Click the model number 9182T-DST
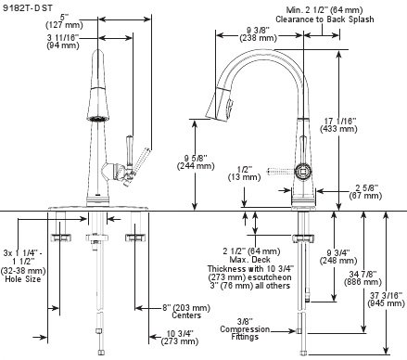point(28,8)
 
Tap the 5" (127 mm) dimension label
point(64,21)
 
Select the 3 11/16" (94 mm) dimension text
point(63,41)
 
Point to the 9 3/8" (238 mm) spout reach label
point(258,34)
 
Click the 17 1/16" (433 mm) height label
point(338,124)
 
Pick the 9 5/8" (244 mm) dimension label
point(196,162)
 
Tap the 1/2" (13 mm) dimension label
point(244,174)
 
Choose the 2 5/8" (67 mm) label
point(365,192)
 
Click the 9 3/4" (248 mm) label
point(338,257)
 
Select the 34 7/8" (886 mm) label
point(362,278)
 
